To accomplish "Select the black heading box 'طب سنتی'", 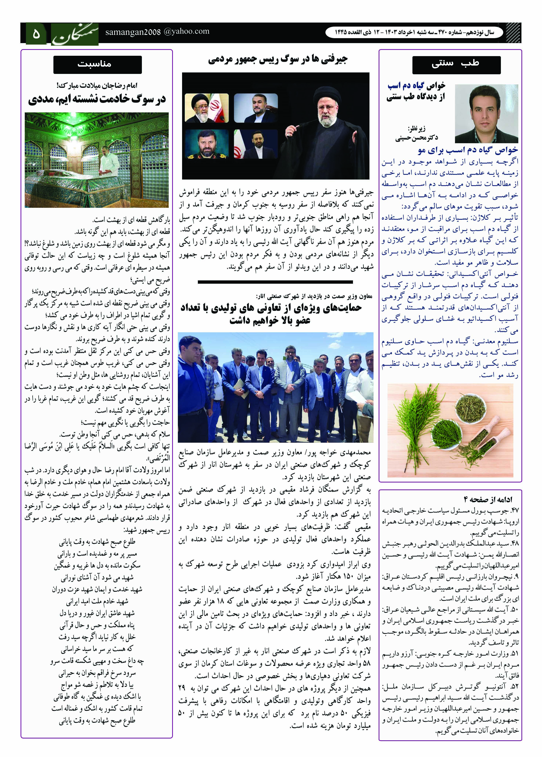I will [456, 64].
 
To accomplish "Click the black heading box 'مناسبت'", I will [97, 64].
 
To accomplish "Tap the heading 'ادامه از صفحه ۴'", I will [488, 499].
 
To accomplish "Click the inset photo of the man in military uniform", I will [207, 144].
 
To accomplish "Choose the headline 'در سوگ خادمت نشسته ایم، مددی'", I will [97, 99].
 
